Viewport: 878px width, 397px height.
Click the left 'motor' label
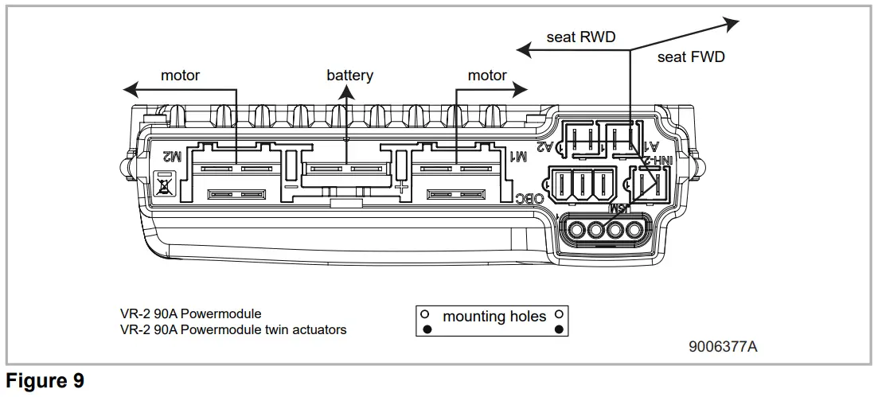coord(180,76)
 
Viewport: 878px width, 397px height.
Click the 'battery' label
coord(349,76)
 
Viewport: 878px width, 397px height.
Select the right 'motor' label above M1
coord(487,76)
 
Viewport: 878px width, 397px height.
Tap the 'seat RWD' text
coord(580,37)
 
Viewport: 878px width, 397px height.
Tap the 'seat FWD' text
coord(691,57)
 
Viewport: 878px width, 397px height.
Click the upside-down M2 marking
coord(172,157)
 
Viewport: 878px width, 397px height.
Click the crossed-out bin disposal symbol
coord(166,181)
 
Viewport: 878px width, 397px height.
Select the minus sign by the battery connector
coord(291,189)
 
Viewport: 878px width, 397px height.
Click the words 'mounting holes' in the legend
coord(494,317)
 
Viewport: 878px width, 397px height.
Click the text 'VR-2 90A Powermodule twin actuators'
coord(233,329)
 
